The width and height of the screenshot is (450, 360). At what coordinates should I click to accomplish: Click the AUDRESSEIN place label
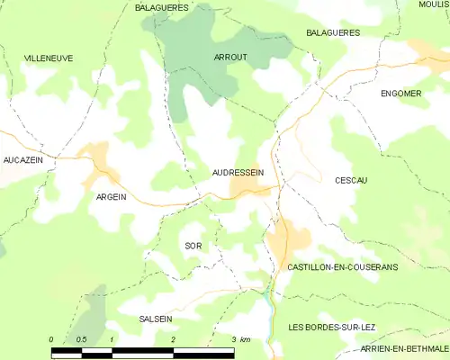pos(238,171)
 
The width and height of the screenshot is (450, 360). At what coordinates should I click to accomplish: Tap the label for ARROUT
pos(230,58)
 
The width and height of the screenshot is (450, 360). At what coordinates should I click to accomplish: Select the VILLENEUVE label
pos(49,58)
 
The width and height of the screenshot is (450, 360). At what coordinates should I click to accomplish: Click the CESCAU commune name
pos(351,180)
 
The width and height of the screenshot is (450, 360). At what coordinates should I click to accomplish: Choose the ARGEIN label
pos(112,195)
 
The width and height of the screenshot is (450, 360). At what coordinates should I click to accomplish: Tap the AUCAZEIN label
pos(23,159)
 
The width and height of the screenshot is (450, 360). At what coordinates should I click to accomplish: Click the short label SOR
pos(193,246)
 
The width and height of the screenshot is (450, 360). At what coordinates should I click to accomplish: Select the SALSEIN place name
pos(156,319)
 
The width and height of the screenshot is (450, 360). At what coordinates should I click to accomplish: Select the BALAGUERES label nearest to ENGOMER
pos(333,32)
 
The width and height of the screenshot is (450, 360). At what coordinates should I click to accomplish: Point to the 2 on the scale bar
pos(172,339)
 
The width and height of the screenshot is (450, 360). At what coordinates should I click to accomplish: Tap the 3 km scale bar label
pos(239,339)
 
